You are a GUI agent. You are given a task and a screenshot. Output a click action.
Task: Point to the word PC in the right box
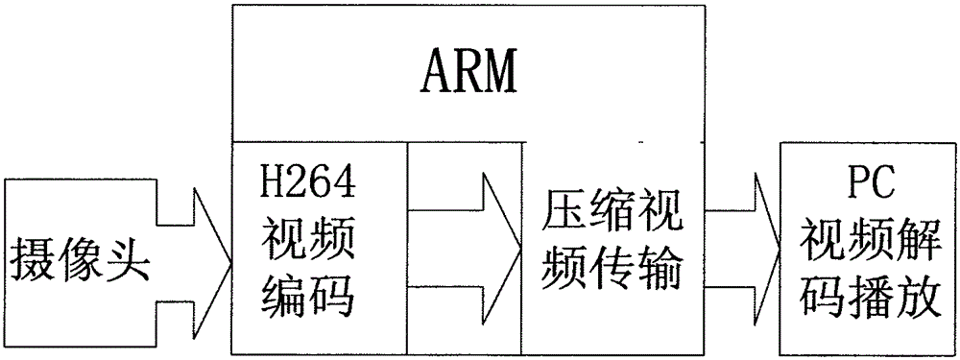pos(871,183)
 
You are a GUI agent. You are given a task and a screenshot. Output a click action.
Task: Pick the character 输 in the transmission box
pos(659,273)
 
